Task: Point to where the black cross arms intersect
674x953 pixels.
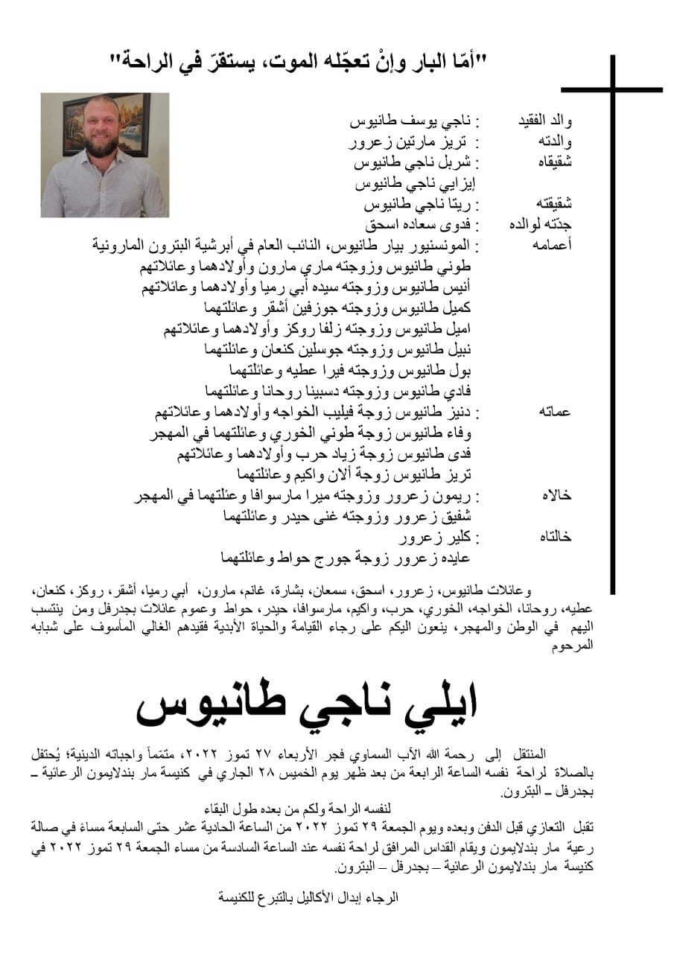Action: coord(612,90)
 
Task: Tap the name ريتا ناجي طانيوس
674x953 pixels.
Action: coord(421,203)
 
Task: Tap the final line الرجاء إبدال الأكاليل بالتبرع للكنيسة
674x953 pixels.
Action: coord(308,897)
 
